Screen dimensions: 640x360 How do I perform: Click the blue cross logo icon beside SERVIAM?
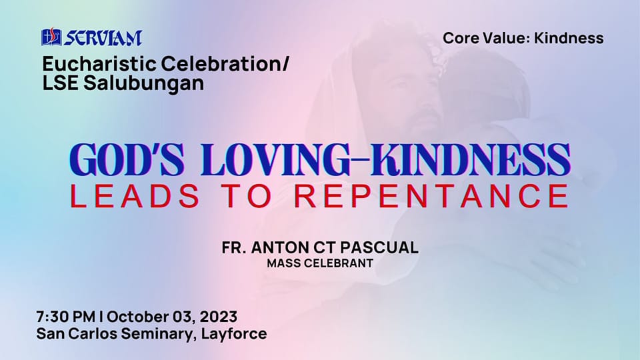coord(51,37)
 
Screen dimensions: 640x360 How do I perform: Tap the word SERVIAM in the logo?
coord(103,38)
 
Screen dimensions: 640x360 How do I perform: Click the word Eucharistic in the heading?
coord(99,64)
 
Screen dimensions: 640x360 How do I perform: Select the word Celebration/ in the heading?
coord(225,64)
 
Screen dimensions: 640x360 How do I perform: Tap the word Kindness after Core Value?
coord(569,38)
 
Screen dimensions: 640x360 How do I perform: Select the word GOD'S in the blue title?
coord(127,159)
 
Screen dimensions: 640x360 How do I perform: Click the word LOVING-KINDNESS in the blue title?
coord(386,159)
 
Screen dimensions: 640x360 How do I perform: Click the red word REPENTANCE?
coord(431,196)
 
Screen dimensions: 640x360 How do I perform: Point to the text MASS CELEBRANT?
coord(320,263)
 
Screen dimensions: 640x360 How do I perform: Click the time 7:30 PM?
coord(66,317)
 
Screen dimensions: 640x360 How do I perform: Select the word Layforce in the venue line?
coord(234,334)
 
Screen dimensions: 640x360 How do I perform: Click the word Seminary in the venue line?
coord(157,334)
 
